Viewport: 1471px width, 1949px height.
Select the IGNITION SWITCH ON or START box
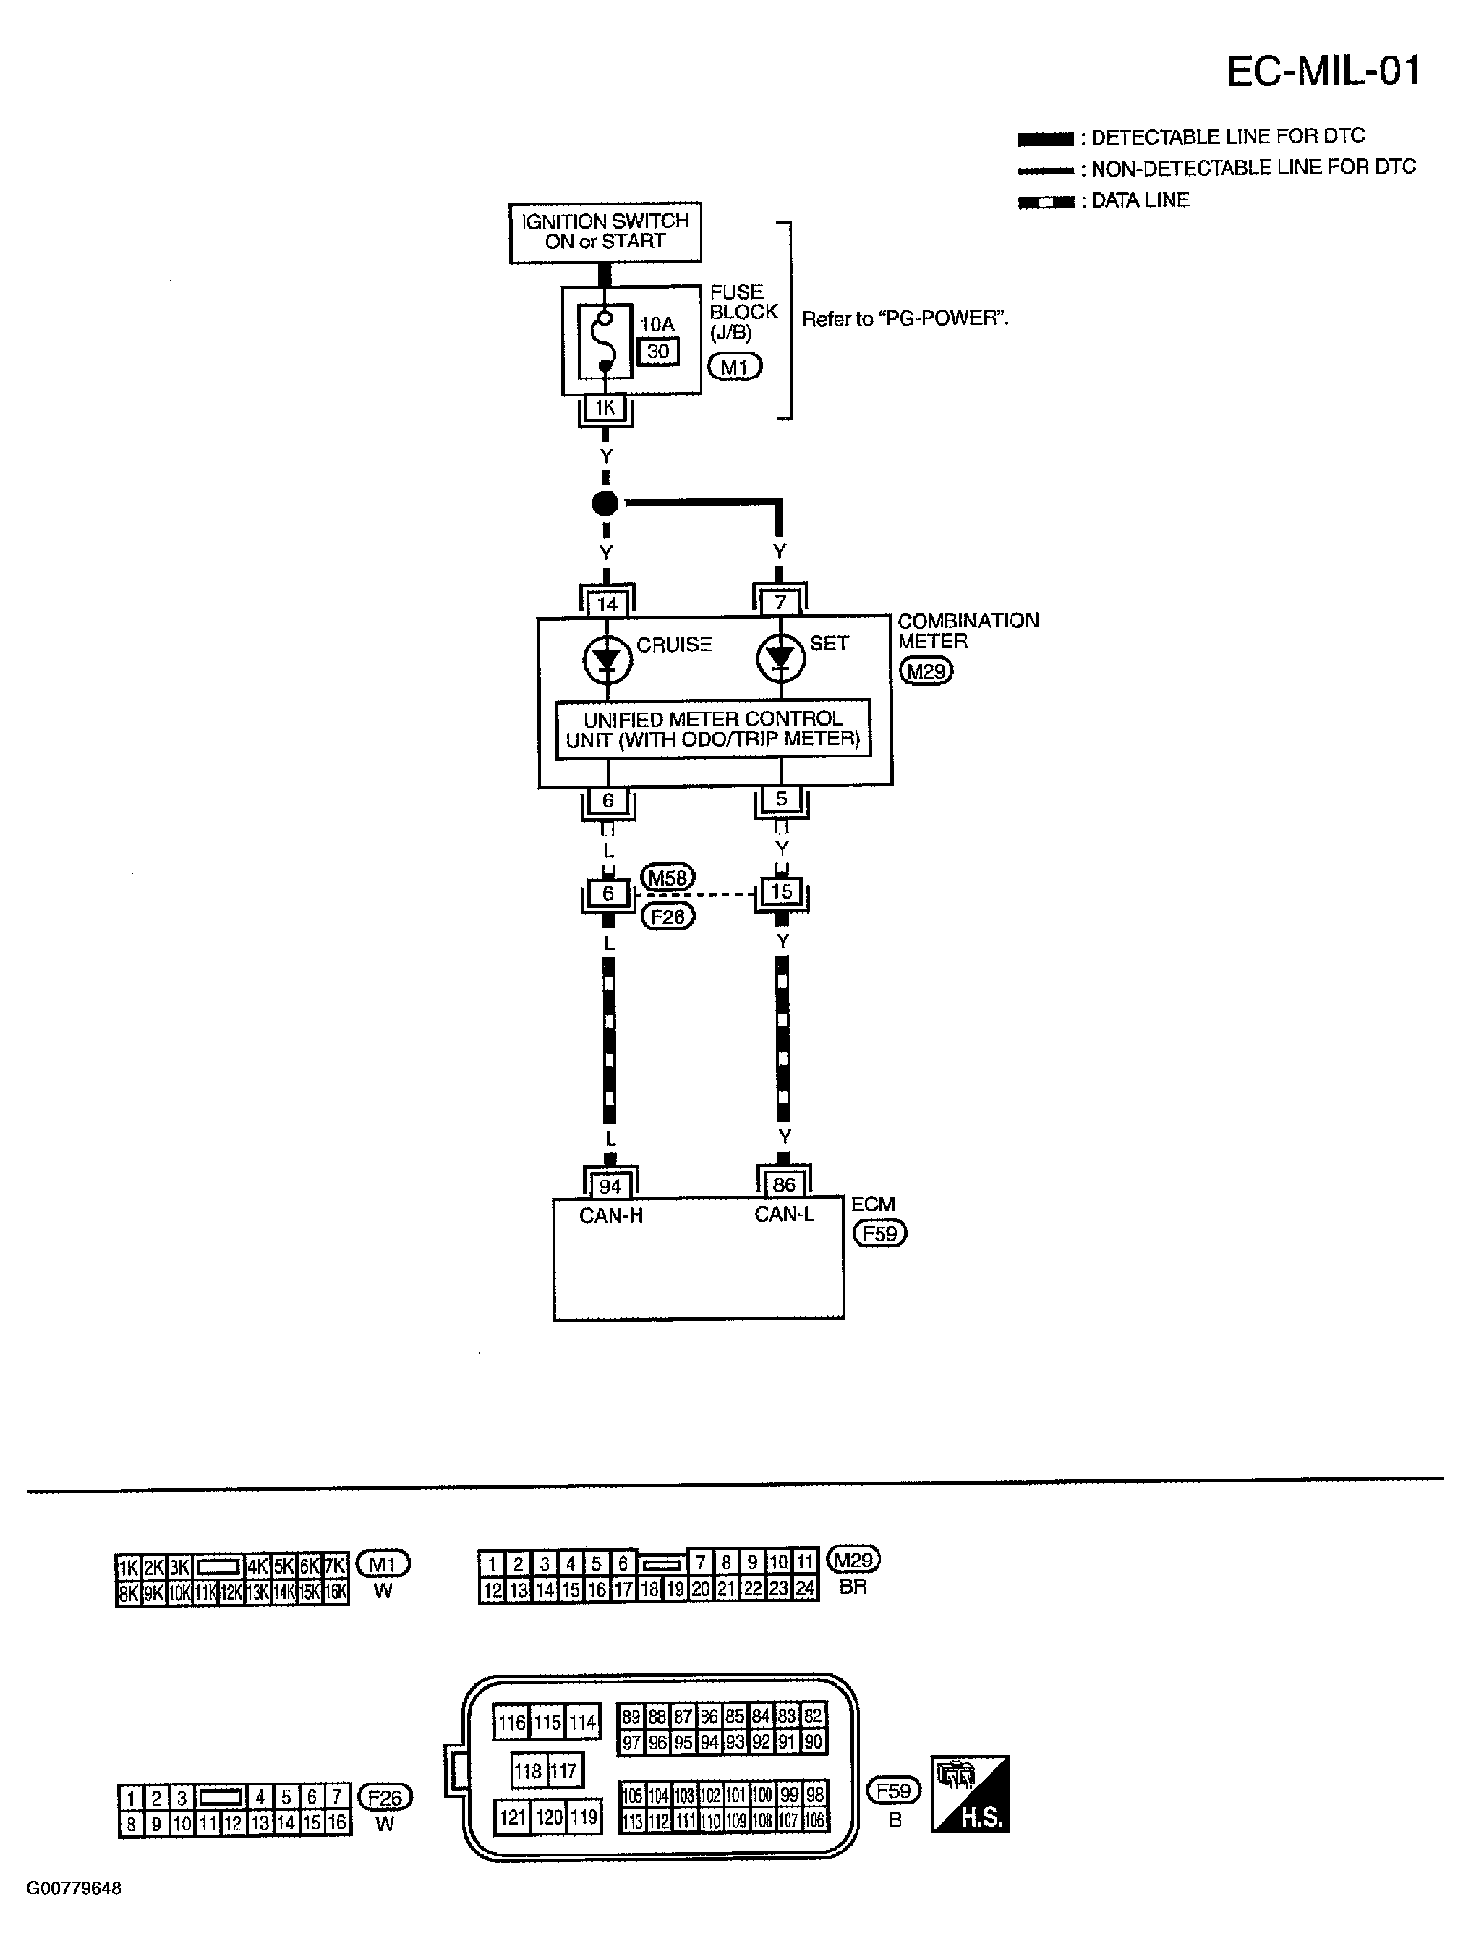pos(605,232)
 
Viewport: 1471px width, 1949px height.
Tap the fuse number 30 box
pos(658,352)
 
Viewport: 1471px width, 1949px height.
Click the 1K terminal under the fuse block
pos(605,408)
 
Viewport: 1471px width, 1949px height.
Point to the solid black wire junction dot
pos(605,504)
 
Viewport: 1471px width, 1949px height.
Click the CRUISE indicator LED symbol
pos(607,660)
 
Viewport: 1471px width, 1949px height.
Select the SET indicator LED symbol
pos(780,659)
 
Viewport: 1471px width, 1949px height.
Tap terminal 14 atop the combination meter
pos(607,603)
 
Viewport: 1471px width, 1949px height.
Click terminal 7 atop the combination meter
pos(780,603)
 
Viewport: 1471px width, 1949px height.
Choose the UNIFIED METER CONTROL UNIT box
pos(712,729)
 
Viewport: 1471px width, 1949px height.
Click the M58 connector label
pos(668,878)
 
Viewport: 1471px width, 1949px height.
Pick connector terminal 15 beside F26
pos(781,892)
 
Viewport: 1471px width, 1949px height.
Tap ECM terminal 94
pos(610,1186)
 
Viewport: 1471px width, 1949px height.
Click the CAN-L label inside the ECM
pos(784,1214)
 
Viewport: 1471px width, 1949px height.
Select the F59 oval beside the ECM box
pos(879,1233)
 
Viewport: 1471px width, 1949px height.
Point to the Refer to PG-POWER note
pos(905,319)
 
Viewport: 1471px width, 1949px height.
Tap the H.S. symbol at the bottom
pos(970,1794)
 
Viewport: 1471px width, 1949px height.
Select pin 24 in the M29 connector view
pos(805,1589)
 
